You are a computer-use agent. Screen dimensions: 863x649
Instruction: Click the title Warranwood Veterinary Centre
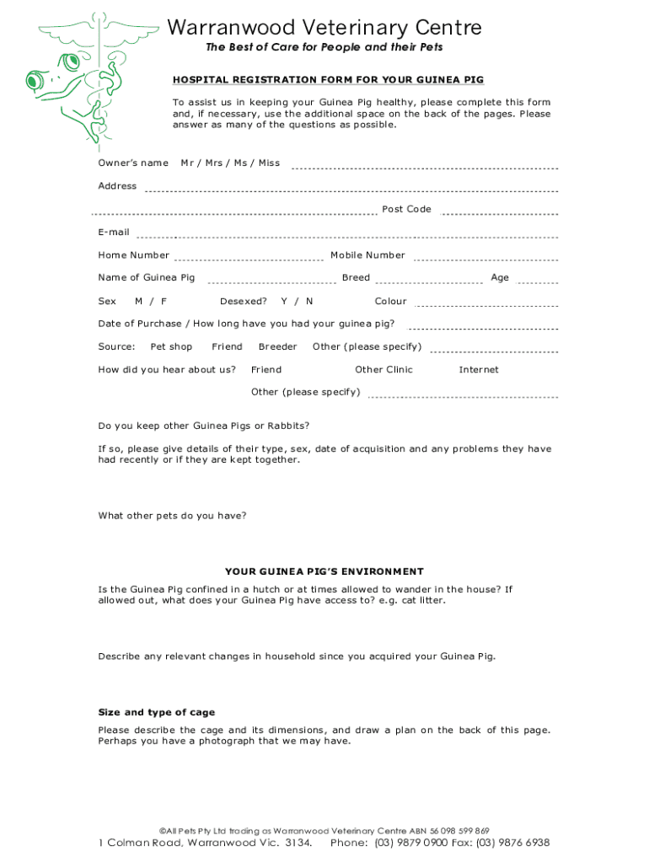click(x=324, y=28)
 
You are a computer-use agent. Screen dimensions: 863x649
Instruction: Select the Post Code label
click(x=406, y=209)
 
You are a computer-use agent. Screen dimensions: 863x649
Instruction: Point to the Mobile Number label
click(x=367, y=255)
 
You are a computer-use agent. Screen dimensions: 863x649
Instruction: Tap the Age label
click(x=500, y=278)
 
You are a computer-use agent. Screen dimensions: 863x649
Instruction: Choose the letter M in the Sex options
click(x=138, y=301)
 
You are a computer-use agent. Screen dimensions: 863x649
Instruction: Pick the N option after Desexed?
click(x=309, y=301)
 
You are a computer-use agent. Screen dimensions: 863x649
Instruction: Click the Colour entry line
click(x=486, y=305)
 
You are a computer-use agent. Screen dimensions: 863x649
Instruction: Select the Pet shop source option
click(x=171, y=346)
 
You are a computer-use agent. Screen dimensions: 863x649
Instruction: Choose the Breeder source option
click(x=277, y=346)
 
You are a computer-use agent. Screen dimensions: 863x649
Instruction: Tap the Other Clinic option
click(x=383, y=369)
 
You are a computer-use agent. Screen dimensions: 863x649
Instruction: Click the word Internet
click(x=479, y=369)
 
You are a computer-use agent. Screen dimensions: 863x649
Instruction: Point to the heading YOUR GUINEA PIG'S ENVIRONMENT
click(x=324, y=571)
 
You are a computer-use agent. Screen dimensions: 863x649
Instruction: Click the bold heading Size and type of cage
click(x=157, y=712)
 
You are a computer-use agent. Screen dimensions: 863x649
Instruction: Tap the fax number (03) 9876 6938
click(x=512, y=843)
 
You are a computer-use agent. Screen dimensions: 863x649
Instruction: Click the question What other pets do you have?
click(x=173, y=516)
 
